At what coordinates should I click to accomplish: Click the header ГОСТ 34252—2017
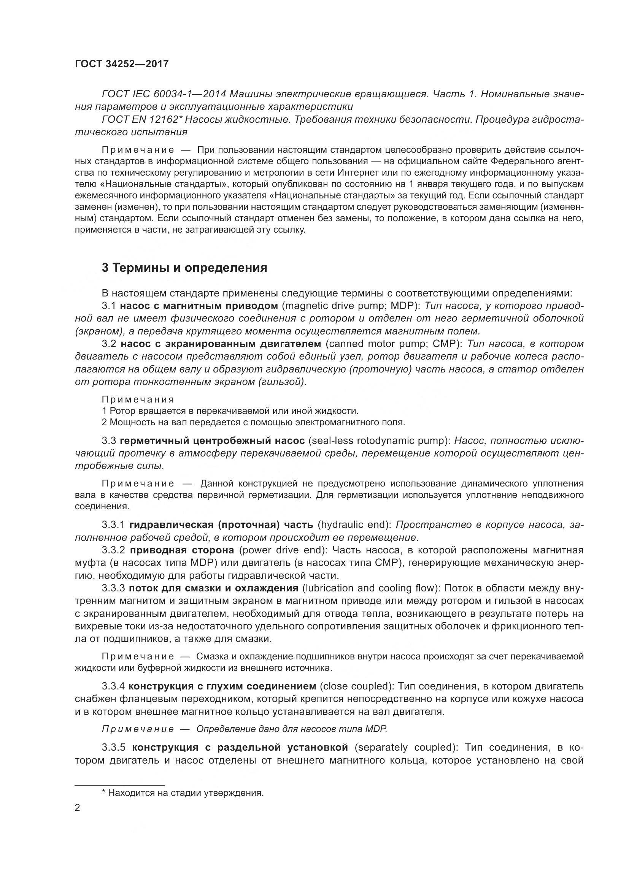coord(122,64)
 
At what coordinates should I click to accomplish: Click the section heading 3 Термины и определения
coord(184,268)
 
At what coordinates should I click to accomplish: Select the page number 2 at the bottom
coord(78,808)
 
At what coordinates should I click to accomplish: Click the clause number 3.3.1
coord(113,525)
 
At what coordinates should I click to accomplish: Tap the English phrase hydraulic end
coord(354,525)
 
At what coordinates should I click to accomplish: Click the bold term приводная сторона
coord(182,550)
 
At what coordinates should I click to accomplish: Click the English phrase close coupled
coord(356,686)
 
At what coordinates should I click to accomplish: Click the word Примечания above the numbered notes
coord(138,399)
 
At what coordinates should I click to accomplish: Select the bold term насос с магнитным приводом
coord(199,306)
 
